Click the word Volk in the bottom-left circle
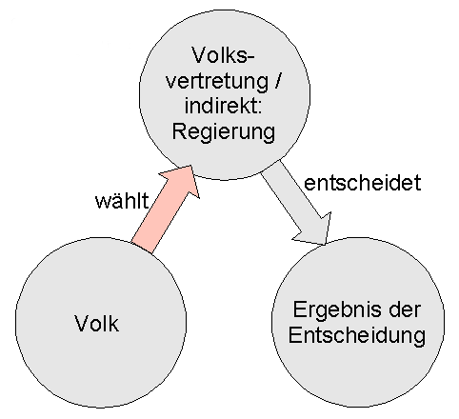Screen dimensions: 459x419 (x=97, y=323)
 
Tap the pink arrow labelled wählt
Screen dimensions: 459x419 (x=165, y=209)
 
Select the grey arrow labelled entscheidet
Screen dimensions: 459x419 (x=296, y=203)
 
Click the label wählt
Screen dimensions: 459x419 (x=122, y=201)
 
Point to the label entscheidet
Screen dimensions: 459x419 (x=363, y=183)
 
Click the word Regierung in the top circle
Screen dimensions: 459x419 (x=224, y=131)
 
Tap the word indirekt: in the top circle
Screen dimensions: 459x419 (x=223, y=105)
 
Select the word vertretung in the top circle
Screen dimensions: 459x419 (x=217, y=81)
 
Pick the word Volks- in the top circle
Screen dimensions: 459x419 (x=224, y=55)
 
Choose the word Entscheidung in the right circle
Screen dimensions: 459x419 (x=357, y=336)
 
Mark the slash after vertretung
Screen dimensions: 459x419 (x=278, y=80)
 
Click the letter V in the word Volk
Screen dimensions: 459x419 (x=82, y=323)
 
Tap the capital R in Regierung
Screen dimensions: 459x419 (x=180, y=130)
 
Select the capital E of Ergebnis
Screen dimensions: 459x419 (x=300, y=309)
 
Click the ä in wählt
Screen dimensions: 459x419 (x=116, y=202)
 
